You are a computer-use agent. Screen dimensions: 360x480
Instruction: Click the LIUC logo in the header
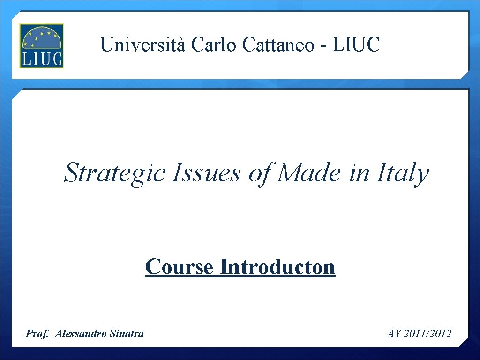[41, 46]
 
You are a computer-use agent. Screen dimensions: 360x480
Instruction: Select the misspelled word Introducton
[277, 267]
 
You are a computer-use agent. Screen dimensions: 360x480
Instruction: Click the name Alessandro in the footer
[81, 334]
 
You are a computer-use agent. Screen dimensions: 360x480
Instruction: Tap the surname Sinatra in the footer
[127, 334]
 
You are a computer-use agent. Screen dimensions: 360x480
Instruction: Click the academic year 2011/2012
[427, 334]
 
